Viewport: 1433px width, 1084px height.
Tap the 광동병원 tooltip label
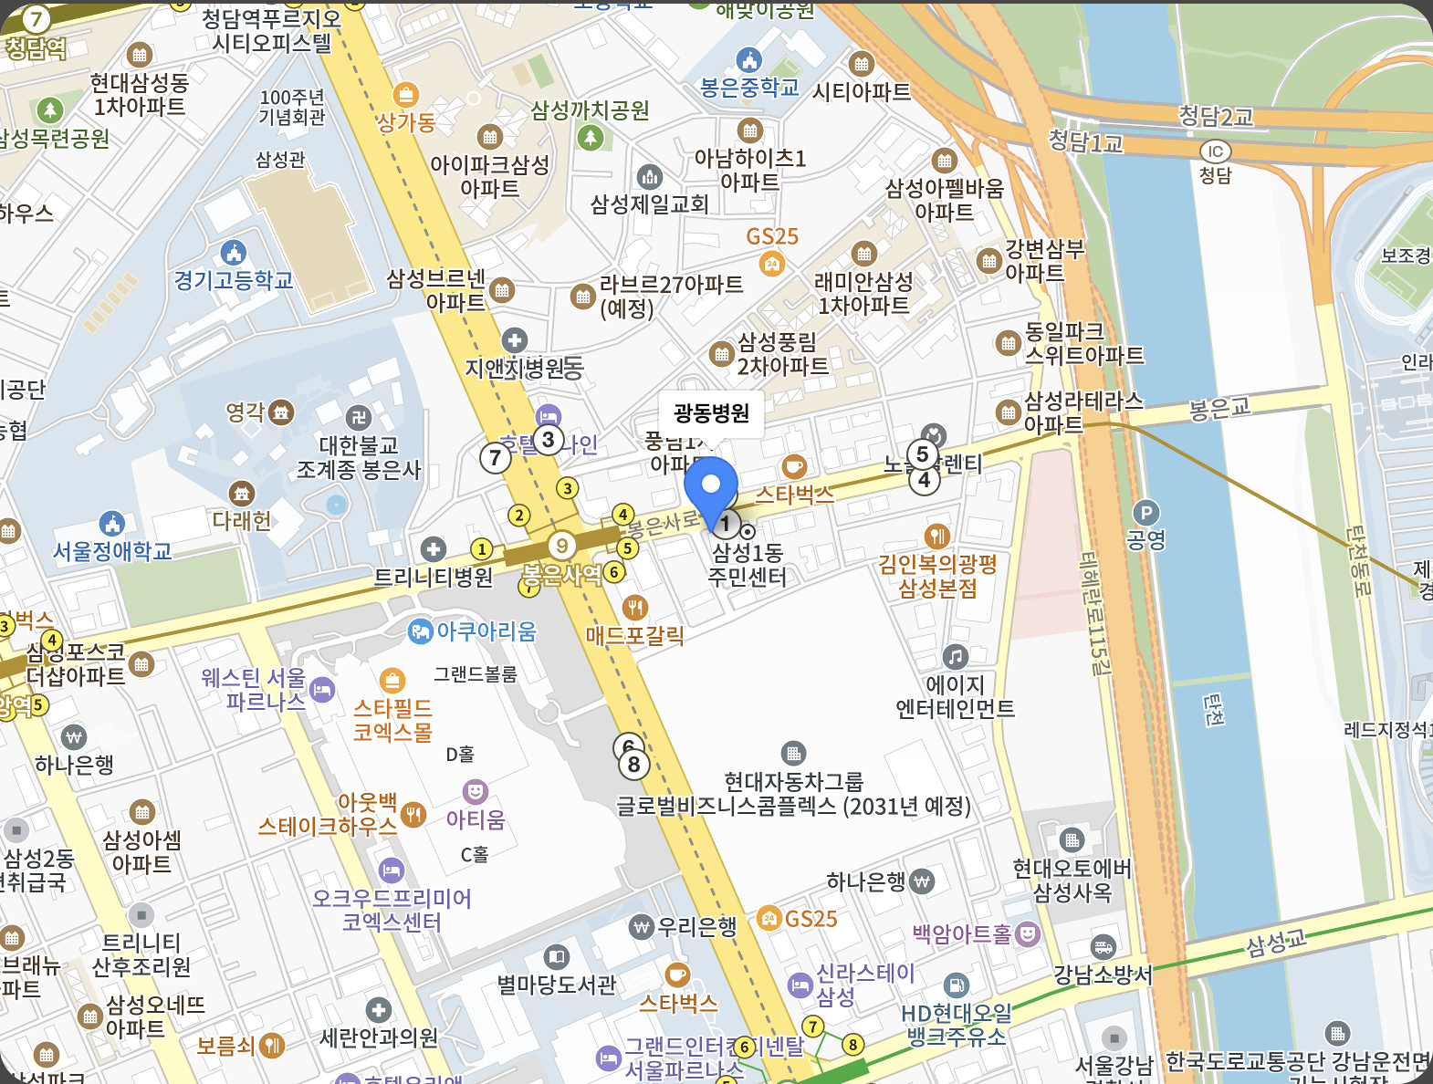tap(711, 413)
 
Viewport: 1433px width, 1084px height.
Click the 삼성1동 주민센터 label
tap(748, 564)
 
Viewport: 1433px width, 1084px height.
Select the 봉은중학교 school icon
tap(748, 61)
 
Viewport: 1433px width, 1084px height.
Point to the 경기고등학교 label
tap(234, 280)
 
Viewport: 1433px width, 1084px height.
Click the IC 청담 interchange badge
tap(1215, 151)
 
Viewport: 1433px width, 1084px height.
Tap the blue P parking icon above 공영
tap(1145, 513)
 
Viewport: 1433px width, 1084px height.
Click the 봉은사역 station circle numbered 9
tap(562, 546)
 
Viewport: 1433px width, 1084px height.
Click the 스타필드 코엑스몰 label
tap(392, 720)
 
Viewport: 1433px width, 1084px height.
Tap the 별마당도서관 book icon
tap(557, 957)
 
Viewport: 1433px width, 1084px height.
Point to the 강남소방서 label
tap(1103, 975)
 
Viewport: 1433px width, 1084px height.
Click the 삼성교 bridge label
tap(1275, 942)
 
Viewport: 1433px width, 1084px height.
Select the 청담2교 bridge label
tap(1216, 117)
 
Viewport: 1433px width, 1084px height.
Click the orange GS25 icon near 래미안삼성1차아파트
tap(772, 265)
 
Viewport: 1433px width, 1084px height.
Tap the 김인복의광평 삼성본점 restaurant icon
tap(936, 536)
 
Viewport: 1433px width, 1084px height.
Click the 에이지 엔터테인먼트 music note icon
tap(955, 656)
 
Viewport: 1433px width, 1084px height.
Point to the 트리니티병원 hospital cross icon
tap(434, 549)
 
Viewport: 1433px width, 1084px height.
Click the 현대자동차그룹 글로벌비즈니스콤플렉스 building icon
tap(793, 754)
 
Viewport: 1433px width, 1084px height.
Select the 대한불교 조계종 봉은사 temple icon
tap(359, 418)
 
